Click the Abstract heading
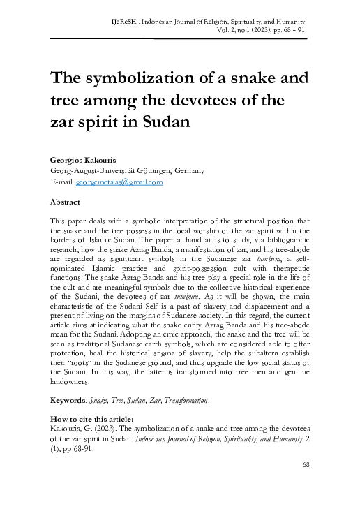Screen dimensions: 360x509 pyautogui.click(x=65, y=201)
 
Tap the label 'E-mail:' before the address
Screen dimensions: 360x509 pyautogui.click(x=61, y=182)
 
